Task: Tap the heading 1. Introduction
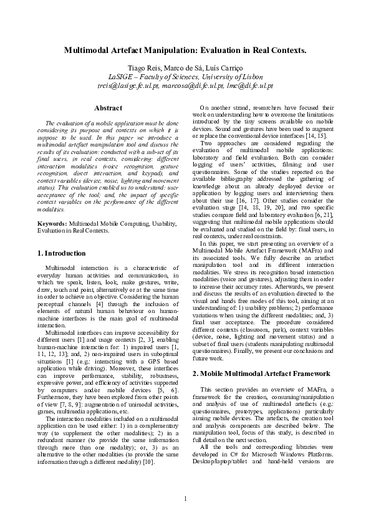(62, 254)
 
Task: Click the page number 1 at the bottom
(185, 498)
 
